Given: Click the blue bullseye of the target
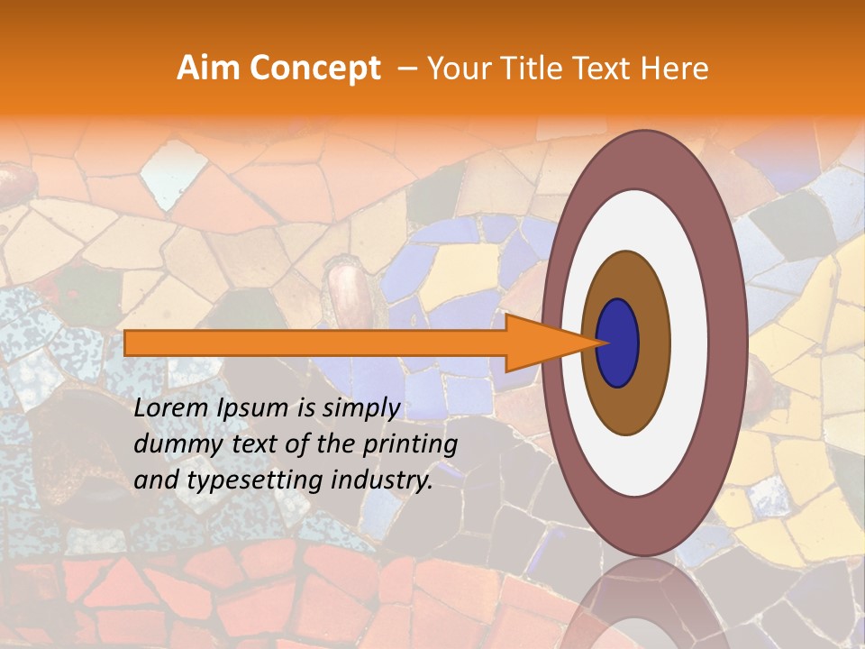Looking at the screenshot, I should tap(618, 343).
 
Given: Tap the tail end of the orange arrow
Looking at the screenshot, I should tap(131, 343).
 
